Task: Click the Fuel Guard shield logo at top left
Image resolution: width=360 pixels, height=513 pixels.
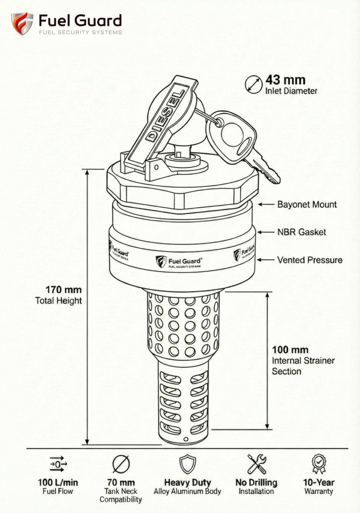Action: click(22, 24)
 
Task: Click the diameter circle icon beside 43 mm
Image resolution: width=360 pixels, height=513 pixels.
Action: click(253, 84)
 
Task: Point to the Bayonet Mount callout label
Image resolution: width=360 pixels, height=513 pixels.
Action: click(307, 204)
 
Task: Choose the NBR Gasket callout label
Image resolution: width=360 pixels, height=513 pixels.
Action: click(301, 232)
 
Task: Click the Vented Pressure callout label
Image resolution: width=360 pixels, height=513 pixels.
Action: click(309, 260)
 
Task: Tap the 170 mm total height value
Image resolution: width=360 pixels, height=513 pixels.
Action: click(63, 290)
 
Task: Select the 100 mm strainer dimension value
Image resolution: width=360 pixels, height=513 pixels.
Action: click(290, 350)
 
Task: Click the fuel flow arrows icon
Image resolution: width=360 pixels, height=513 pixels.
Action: click(58, 464)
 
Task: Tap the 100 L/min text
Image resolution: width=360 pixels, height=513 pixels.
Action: click(58, 483)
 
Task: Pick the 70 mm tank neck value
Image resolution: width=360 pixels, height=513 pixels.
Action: click(121, 483)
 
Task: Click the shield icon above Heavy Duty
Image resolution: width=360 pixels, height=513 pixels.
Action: click(188, 464)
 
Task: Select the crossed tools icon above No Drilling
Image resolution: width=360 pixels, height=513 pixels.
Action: click(256, 464)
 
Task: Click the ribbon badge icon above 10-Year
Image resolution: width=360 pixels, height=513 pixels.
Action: click(318, 464)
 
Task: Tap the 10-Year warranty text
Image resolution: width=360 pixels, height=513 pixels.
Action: click(318, 483)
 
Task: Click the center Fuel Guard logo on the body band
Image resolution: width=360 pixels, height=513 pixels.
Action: click(179, 261)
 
